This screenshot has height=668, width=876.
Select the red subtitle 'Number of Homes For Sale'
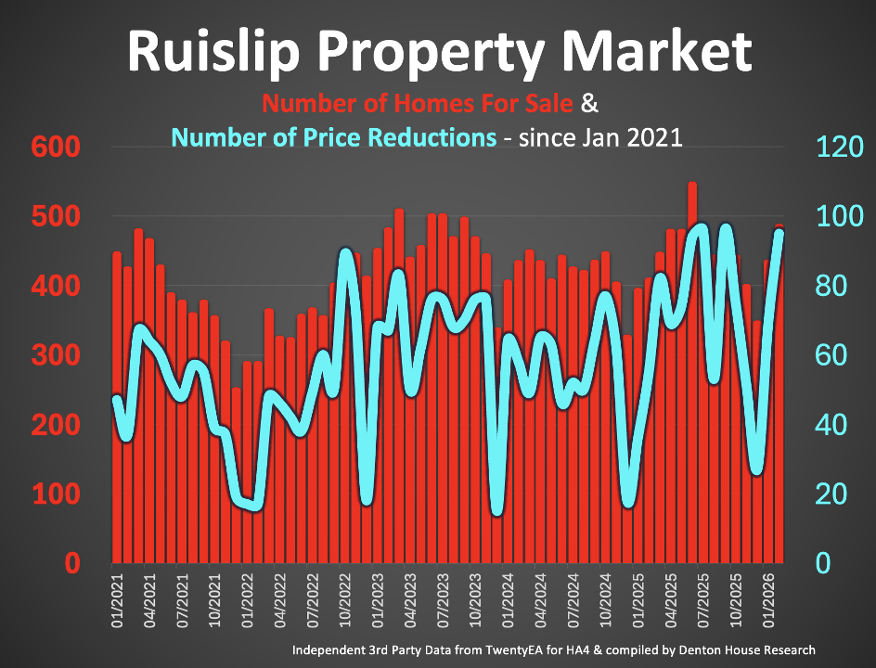pos(420,102)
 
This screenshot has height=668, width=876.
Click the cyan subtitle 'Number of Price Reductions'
pos(335,138)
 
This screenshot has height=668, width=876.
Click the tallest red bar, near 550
pos(692,371)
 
